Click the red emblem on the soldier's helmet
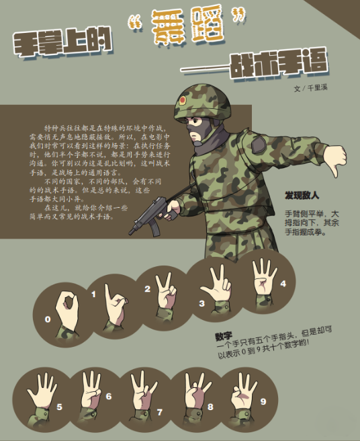coord(182,100)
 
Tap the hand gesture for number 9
coord(242,391)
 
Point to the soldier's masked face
coord(197,129)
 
